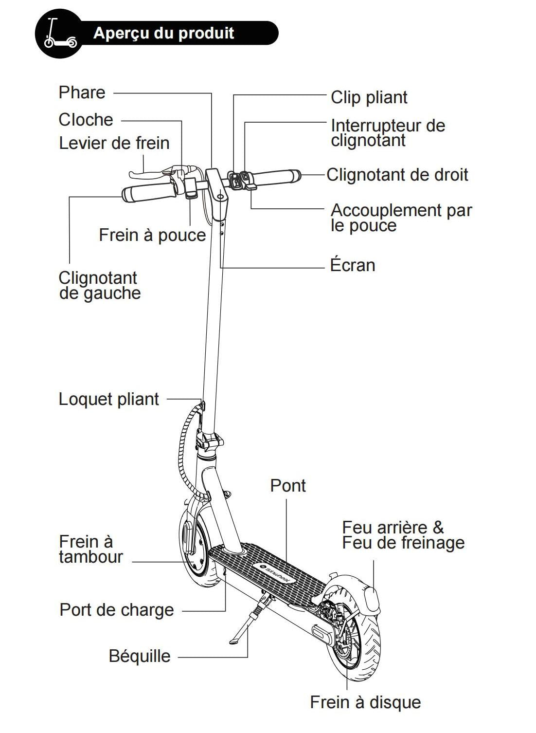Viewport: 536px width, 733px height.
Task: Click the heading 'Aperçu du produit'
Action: point(163,33)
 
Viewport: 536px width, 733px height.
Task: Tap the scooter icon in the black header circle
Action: point(58,34)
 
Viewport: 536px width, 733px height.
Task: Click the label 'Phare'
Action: point(82,92)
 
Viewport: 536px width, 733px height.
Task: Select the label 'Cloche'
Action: point(86,120)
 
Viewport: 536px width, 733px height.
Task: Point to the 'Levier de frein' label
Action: point(114,143)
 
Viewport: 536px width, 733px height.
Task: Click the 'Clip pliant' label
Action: point(369,97)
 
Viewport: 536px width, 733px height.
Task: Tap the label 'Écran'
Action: point(352,265)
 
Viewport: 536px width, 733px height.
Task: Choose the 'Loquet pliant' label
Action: point(108,399)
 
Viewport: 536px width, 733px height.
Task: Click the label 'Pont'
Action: point(288,486)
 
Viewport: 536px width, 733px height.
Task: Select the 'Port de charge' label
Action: point(116,610)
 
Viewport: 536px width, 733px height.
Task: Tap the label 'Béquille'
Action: point(140,656)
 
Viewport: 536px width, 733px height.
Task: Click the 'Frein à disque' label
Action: point(365,702)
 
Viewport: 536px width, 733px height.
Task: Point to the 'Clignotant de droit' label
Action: point(397,175)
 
